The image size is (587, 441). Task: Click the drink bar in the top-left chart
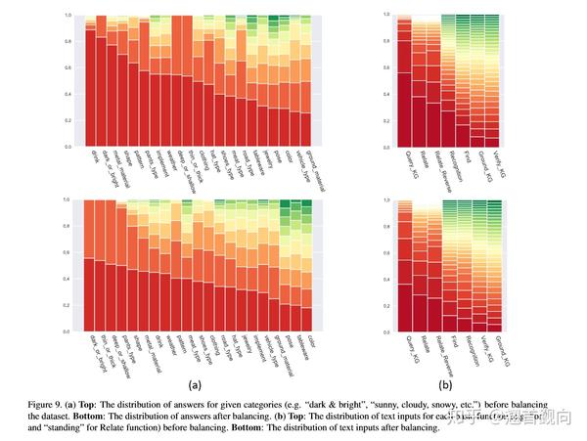pos(89,83)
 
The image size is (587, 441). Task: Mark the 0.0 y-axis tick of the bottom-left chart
pos(70,331)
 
